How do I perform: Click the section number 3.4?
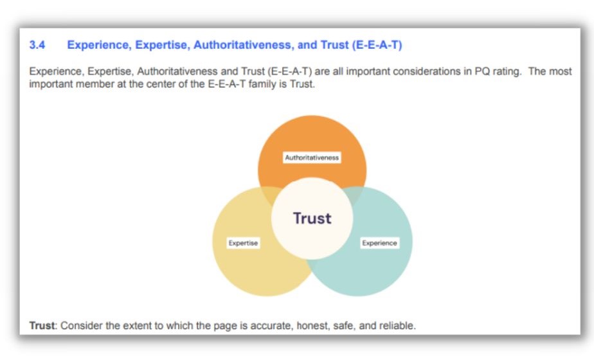click(x=38, y=46)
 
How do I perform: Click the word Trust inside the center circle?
click(x=312, y=218)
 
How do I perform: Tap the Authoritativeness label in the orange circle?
click(x=312, y=157)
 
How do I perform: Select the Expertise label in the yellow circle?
click(x=243, y=243)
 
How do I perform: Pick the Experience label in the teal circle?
click(x=379, y=243)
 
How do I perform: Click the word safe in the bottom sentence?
click(x=345, y=325)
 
